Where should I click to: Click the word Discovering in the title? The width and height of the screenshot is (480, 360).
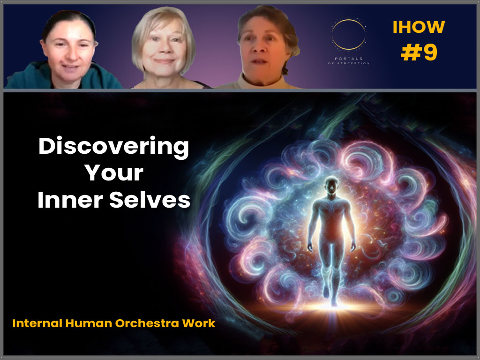point(113,147)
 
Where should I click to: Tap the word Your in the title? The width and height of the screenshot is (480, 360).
point(113,173)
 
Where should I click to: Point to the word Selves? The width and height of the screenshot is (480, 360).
point(150,200)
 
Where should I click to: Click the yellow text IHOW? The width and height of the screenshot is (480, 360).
point(419,28)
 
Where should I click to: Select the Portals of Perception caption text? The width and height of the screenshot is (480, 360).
point(349,60)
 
